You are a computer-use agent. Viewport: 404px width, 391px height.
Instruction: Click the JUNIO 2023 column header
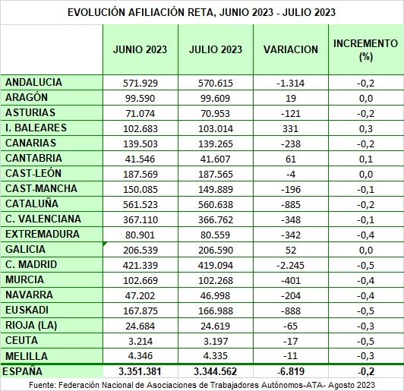(140, 49)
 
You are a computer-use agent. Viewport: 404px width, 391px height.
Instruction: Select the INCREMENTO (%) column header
(365, 49)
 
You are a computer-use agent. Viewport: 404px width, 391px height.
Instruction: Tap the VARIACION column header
(291, 49)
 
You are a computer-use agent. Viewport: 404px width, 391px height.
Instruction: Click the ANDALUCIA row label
(33, 83)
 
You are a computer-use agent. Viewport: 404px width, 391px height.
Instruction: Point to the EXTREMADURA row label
(43, 234)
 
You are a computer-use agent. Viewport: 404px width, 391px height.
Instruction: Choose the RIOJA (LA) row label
(31, 325)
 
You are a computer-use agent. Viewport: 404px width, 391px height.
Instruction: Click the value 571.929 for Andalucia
(140, 84)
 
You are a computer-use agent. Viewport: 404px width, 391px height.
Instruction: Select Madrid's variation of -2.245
(290, 265)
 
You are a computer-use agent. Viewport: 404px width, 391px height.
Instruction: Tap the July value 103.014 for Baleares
(216, 129)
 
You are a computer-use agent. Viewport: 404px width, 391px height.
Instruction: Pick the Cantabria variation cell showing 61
(291, 159)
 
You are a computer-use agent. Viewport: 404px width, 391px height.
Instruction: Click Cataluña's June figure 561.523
(140, 204)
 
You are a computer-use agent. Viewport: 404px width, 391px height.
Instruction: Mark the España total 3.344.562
(216, 372)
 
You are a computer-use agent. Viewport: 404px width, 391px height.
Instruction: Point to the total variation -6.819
(291, 372)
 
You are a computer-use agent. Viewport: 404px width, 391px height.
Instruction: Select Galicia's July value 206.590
(216, 250)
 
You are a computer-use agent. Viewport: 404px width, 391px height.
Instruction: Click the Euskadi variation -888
(291, 311)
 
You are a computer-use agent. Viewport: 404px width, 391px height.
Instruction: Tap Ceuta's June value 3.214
(140, 342)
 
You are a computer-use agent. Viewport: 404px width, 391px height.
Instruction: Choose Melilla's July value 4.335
(216, 356)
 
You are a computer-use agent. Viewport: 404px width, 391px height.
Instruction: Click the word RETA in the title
(202, 12)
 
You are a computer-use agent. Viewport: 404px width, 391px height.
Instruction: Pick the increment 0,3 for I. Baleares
(366, 129)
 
